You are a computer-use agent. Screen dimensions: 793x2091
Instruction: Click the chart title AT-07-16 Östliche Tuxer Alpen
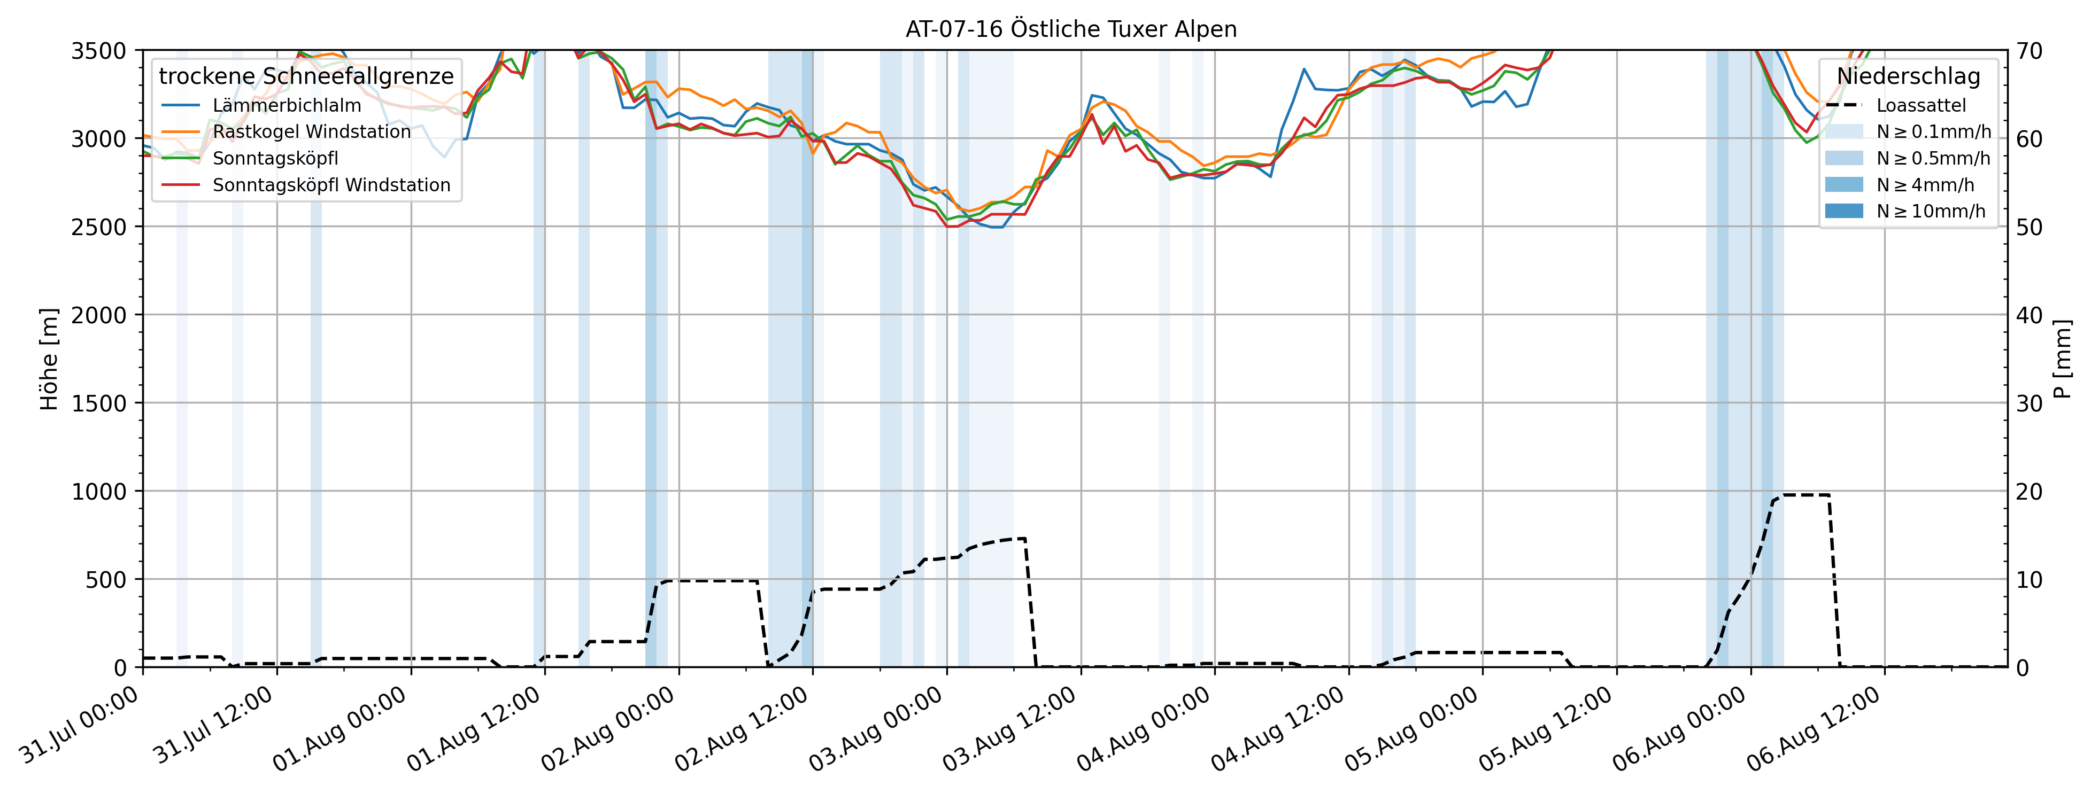[1071, 29]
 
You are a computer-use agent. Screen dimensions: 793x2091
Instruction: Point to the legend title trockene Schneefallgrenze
[306, 76]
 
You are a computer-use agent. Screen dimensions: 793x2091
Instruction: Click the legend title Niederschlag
[1908, 76]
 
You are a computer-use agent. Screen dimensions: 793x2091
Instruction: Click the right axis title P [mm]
[2061, 359]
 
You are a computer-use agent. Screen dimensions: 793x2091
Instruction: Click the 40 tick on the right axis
[2030, 315]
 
